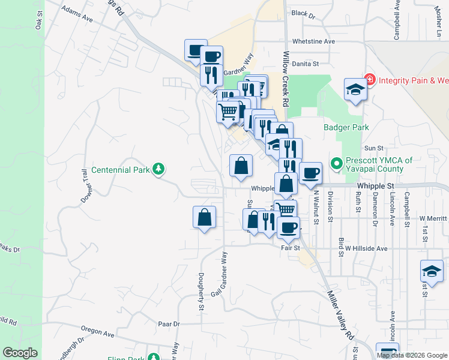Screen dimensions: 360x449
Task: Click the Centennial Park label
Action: coord(120,170)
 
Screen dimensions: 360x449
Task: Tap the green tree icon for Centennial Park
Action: coord(158,169)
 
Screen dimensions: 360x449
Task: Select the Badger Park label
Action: coord(346,127)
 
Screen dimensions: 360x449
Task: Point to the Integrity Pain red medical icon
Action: coord(370,79)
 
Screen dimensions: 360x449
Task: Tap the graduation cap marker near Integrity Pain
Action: coord(355,90)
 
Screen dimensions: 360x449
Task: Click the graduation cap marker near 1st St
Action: coord(432,271)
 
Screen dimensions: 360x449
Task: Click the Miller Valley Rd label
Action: coord(340,316)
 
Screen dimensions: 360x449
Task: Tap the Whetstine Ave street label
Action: coord(313,41)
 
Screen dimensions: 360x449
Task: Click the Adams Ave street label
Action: coord(77,15)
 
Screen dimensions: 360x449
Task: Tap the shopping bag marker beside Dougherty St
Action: coord(205,217)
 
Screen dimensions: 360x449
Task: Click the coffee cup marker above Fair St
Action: coord(288,227)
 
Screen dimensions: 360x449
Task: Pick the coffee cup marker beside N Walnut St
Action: coord(310,173)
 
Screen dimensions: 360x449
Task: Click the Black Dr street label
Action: coord(303,13)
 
